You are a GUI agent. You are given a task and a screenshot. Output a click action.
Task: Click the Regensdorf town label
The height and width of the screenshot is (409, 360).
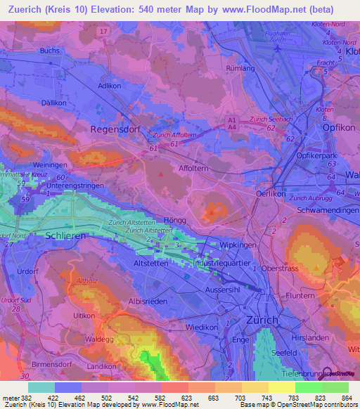click(117, 129)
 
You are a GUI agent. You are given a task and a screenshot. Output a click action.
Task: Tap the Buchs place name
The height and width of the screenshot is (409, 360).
click(49, 51)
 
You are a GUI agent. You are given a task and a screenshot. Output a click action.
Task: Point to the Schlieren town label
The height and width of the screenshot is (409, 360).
click(65, 236)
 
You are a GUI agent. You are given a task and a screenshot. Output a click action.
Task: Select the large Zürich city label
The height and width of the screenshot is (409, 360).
click(264, 320)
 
